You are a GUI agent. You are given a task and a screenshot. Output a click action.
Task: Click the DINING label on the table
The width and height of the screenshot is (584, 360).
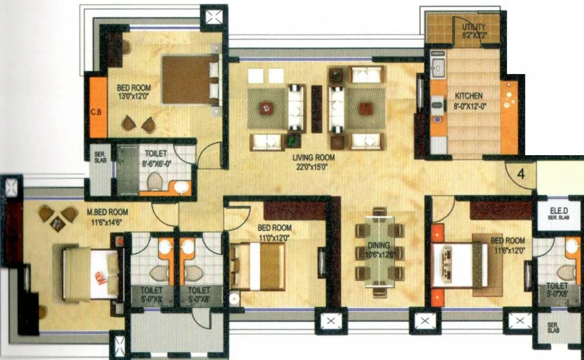click(x=378, y=245)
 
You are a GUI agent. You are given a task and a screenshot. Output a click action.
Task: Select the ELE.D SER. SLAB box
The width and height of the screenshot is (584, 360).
click(x=558, y=216)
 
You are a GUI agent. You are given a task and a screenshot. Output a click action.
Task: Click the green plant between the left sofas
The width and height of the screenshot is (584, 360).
click(x=293, y=140)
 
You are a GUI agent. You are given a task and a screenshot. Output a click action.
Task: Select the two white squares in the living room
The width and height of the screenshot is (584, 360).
click(x=266, y=75)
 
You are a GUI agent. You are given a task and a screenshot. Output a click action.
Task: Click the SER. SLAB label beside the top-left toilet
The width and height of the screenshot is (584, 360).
click(x=100, y=157)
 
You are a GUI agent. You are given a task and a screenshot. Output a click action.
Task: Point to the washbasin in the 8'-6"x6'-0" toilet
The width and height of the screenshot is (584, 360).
click(x=181, y=187)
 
